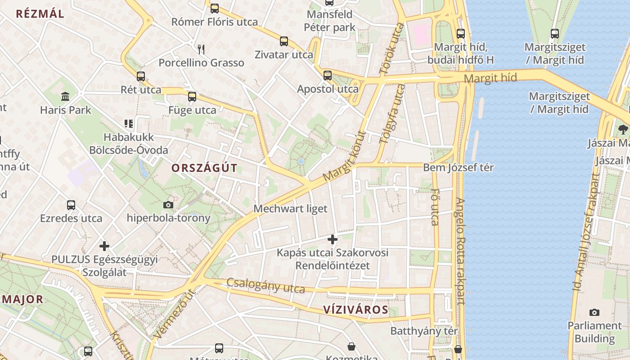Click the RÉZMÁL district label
40,13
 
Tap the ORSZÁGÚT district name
204,168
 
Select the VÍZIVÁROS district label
355,310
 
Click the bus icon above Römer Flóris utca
215,8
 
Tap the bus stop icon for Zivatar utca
284,41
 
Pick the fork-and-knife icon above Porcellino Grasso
201,49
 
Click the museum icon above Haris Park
66,96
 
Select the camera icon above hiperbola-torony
168,205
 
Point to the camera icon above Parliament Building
594,312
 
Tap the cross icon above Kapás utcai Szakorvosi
333,239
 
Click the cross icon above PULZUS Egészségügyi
104,246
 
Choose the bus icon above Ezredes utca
71,205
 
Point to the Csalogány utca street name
265,285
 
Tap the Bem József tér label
458,168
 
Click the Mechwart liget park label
290,209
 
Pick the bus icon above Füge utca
192,96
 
